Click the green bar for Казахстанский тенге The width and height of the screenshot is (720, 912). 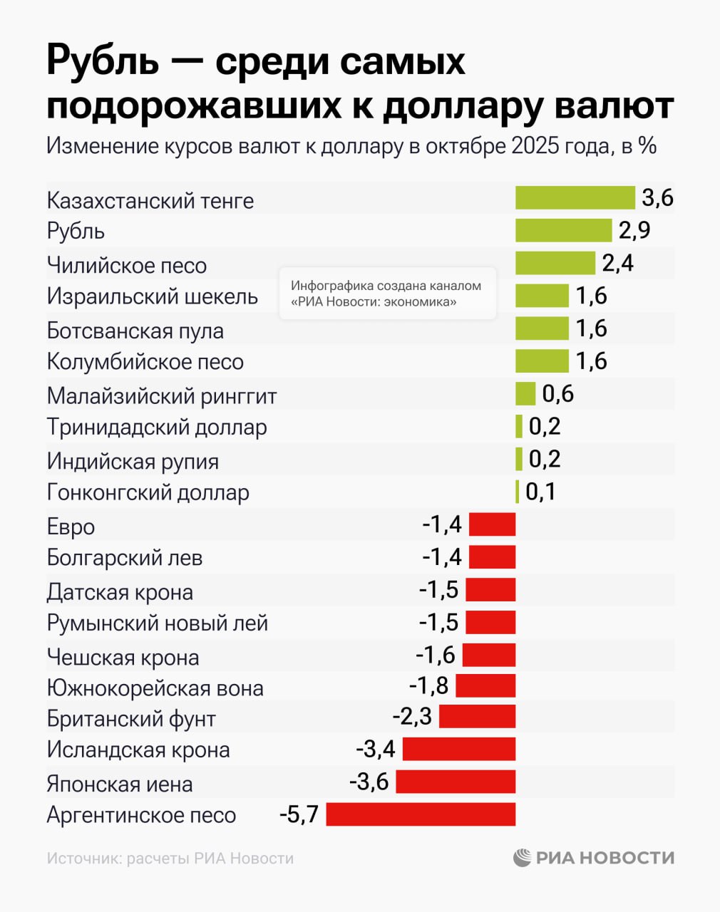pos(575,198)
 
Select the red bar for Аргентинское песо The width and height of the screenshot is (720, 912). pos(421,814)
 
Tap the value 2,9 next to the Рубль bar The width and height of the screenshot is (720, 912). pos(634,231)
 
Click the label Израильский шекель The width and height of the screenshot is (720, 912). pos(152,296)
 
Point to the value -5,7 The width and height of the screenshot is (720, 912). pos(299,814)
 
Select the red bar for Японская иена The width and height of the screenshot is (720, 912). pos(456,782)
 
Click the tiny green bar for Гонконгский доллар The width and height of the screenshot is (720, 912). pos(517,492)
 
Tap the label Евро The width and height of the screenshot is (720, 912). pos(71,527)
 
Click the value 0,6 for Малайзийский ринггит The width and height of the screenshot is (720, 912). pos(557,393)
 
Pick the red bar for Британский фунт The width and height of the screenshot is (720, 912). pos(477,716)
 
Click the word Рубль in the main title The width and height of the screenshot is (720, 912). pos(102,61)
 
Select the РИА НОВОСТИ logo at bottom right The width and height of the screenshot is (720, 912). pos(594,858)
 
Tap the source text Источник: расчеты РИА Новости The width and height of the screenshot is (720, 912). pos(170,859)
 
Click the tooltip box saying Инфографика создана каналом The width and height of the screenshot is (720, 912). pos(387,294)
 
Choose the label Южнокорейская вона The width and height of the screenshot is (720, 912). pos(155,688)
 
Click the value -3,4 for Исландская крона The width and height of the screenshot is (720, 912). pos(376,749)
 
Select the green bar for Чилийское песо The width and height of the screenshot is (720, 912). pos(555,263)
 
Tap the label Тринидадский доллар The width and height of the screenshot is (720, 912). pos(157,427)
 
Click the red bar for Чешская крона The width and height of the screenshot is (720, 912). pos(488,655)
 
